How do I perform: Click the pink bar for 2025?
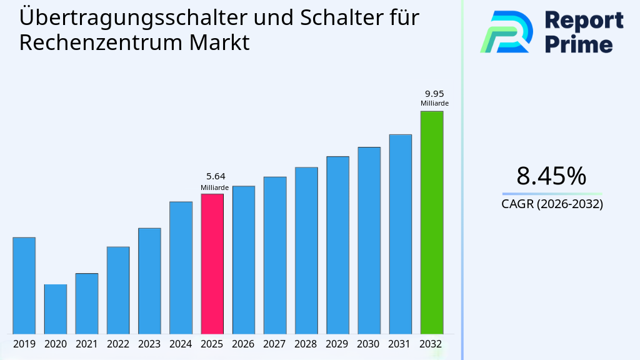(212, 264)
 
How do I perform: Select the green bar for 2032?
(431, 222)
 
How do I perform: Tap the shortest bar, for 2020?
(55, 309)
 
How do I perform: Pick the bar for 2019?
(24, 286)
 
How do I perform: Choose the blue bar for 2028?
(306, 251)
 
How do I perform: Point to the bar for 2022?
(118, 290)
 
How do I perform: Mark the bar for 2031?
(400, 234)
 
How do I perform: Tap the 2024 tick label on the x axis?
(181, 344)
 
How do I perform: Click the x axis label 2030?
(369, 344)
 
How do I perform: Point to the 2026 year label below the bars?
(243, 344)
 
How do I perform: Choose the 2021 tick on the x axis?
(86, 344)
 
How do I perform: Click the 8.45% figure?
(551, 176)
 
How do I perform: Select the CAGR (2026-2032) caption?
(552, 204)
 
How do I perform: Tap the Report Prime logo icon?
(506, 32)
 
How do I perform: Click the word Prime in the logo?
(579, 44)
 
